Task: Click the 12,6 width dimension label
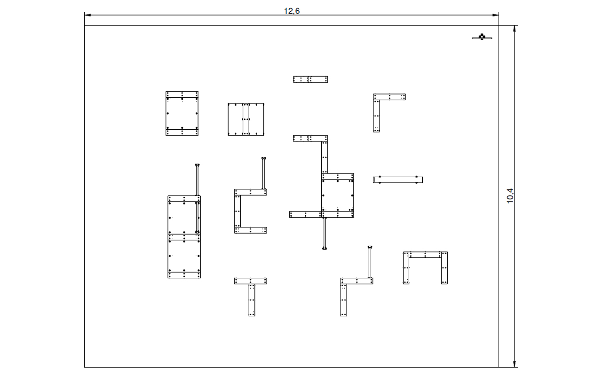(x=292, y=11)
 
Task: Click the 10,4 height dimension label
(x=510, y=196)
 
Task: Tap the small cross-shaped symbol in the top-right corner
(x=482, y=37)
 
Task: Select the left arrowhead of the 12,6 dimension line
(x=87, y=15)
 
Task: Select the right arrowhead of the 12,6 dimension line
(x=496, y=15)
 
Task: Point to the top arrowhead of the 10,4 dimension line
(x=515, y=29)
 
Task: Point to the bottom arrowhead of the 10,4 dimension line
(x=515, y=364)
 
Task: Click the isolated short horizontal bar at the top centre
(x=310, y=79)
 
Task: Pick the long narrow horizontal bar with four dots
(x=398, y=180)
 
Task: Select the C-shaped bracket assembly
(x=238, y=211)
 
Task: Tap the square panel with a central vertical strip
(x=246, y=119)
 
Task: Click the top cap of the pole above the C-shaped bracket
(x=264, y=158)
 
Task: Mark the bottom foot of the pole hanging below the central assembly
(x=325, y=249)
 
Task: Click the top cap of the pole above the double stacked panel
(x=197, y=165)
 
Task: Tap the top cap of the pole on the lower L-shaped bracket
(x=370, y=247)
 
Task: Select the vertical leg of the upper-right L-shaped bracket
(x=376, y=116)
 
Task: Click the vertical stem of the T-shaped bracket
(x=252, y=300)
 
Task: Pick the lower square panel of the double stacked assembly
(x=184, y=256)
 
